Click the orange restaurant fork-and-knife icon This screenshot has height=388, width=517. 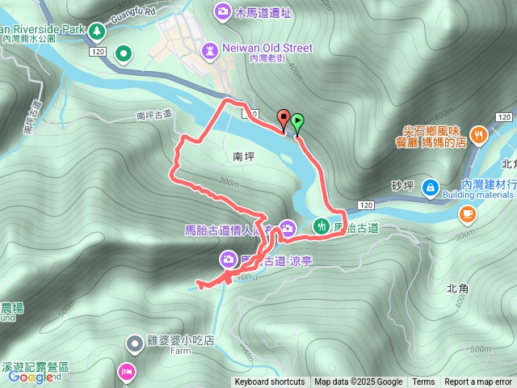point(478,135)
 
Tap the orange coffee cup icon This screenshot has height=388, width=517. point(467,213)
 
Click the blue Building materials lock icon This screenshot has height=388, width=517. point(430,188)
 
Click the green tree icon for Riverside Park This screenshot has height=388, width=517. point(97,30)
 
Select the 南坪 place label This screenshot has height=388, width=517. point(232,158)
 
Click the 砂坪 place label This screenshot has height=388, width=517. point(401,188)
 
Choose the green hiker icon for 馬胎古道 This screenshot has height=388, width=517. point(322,226)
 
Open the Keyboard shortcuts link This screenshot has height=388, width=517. point(270,382)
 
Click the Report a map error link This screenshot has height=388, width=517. point(478,382)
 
